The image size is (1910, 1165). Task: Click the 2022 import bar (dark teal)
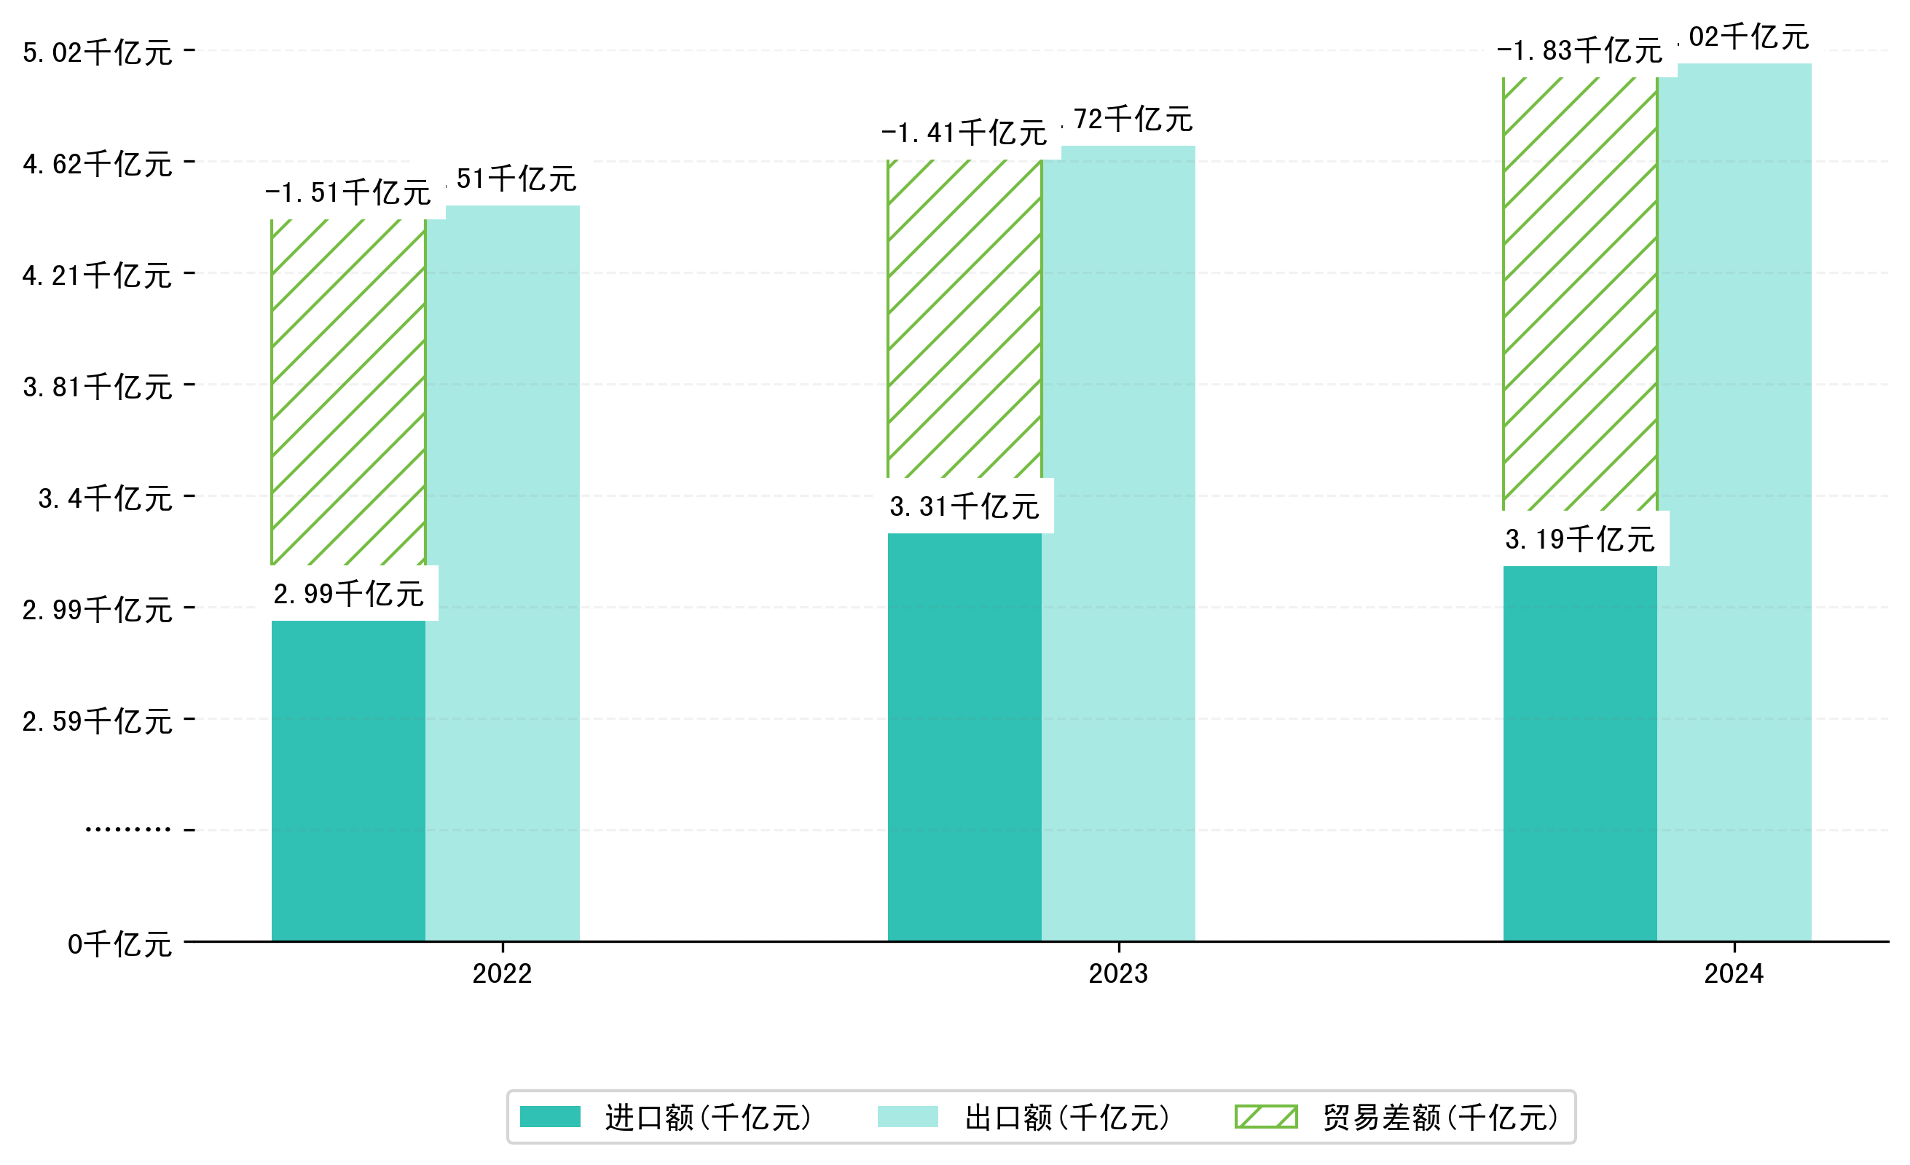tap(348, 780)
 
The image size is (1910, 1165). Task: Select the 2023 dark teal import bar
tap(964, 737)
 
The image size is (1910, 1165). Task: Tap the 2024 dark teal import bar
tap(1580, 753)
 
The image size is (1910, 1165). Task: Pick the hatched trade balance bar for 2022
tap(348, 391)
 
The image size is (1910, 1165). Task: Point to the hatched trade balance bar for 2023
tap(964, 318)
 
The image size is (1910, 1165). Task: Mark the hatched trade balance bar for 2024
tap(1580, 293)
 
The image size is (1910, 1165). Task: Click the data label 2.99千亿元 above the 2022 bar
tap(349, 594)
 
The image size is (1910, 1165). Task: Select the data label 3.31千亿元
tap(964, 506)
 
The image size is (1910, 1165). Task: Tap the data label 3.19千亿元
tap(1580, 538)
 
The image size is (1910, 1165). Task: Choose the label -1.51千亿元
tap(348, 192)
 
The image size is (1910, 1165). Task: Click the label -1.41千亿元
tap(964, 133)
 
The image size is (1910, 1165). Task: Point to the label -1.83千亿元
tap(1580, 51)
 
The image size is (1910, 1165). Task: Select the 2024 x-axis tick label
tap(1733, 973)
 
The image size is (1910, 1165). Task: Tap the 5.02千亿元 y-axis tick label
tap(98, 52)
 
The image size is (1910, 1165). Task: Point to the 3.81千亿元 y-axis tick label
tap(98, 387)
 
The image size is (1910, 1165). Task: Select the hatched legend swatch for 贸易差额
tap(1266, 1117)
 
